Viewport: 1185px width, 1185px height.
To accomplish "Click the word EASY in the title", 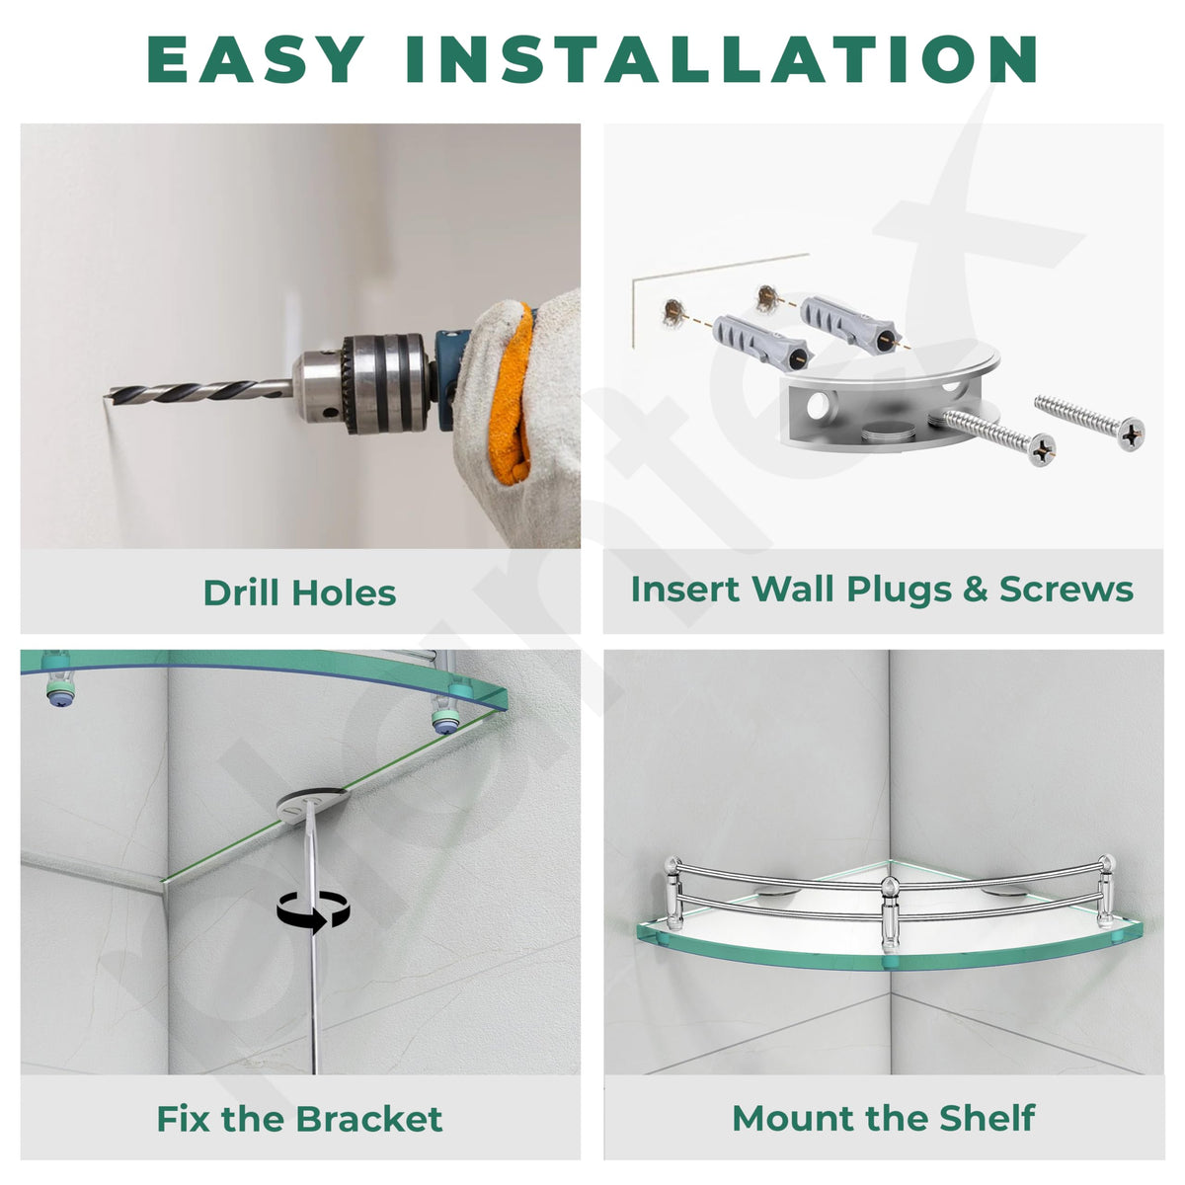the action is pyautogui.click(x=256, y=59).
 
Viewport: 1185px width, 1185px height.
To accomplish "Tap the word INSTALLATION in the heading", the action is pyautogui.click(x=721, y=59).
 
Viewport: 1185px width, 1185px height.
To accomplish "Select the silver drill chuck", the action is pyautogui.click(x=361, y=383).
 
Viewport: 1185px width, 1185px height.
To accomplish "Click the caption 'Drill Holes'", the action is pyautogui.click(x=299, y=592).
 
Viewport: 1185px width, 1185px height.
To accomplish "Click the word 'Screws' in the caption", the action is pyautogui.click(x=1066, y=590).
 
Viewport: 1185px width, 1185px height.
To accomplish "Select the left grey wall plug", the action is pyautogui.click(x=762, y=343).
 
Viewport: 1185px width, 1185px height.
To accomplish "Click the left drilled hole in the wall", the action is pyautogui.click(x=674, y=312).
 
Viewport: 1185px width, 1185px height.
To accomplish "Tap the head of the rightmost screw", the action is pyautogui.click(x=1131, y=434).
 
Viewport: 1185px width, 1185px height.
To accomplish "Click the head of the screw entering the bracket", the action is pyautogui.click(x=1042, y=450).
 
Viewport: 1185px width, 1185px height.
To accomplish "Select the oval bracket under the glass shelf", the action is pyautogui.click(x=312, y=806).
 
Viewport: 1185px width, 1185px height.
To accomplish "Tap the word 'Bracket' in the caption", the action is pyautogui.click(x=369, y=1119).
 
